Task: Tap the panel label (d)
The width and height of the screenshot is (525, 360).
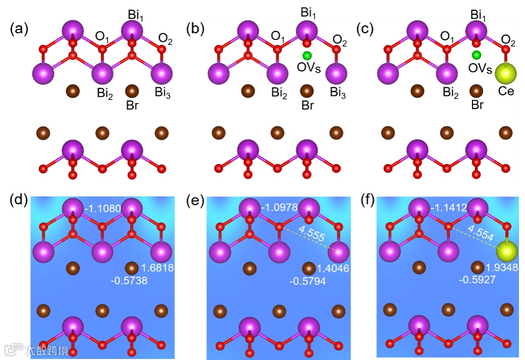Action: point(19,200)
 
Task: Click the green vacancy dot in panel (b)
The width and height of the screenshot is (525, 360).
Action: point(306,55)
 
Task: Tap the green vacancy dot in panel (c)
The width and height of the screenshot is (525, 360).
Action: point(476,55)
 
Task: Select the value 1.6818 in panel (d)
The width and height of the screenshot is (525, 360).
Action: point(158,268)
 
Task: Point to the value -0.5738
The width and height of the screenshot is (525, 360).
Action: point(129,281)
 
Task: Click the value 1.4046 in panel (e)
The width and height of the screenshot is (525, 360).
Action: point(332,269)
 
